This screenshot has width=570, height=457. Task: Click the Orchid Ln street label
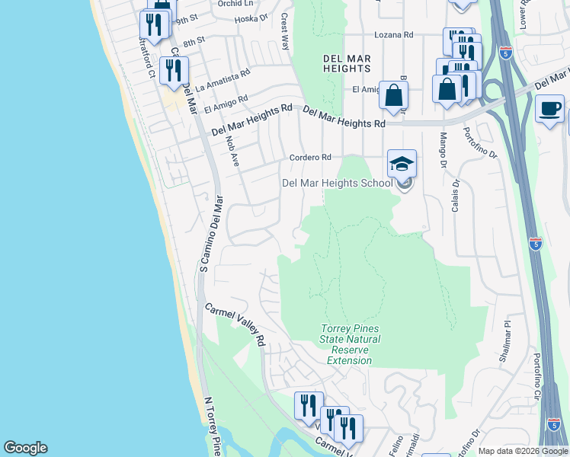click(x=235, y=4)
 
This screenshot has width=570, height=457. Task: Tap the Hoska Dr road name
click(x=251, y=18)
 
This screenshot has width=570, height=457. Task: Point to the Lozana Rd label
click(x=393, y=35)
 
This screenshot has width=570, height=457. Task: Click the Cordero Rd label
click(x=310, y=158)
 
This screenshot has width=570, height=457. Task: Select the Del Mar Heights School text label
click(x=337, y=183)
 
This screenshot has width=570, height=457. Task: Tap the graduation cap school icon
click(x=402, y=163)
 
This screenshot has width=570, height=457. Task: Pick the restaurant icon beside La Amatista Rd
click(x=174, y=70)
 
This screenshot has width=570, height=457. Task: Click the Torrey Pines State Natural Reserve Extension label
click(x=349, y=344)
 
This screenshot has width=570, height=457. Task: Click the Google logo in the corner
click(x=25, y=448)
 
